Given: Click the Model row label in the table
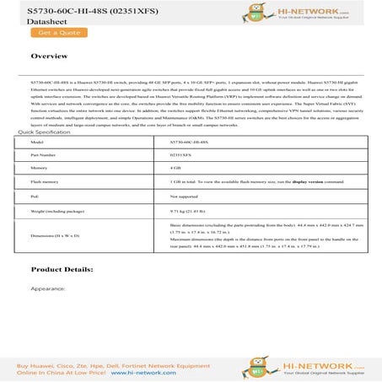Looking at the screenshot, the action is pos(36,143).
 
